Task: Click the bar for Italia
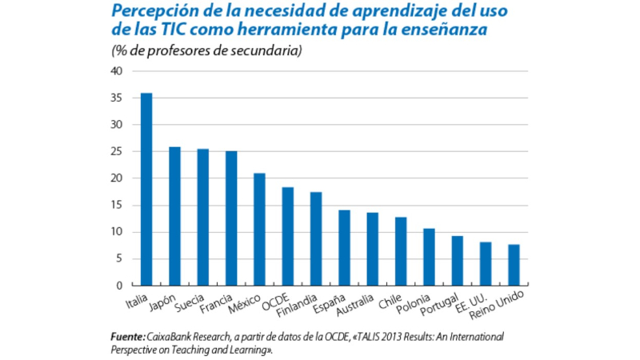pyautogui.click(x=146, y=190)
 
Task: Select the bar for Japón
pyautogui.click(x=174, y=216)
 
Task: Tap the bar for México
pyautogui.click(x=259, y=230)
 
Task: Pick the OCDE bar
pyautogui.click(x=287, y=237)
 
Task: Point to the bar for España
pyautogui.click(x=344, y=248)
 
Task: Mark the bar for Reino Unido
pyautogui.click(x=514, y=265)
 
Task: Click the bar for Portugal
pyautogui.click(x=457, y=261)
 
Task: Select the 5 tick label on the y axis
pyautogui.click(x=119, y=259)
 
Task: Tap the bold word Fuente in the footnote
pyautogui.click(x=126, y=337)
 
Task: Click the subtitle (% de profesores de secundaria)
pyautogui.click(x=206, y=51)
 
